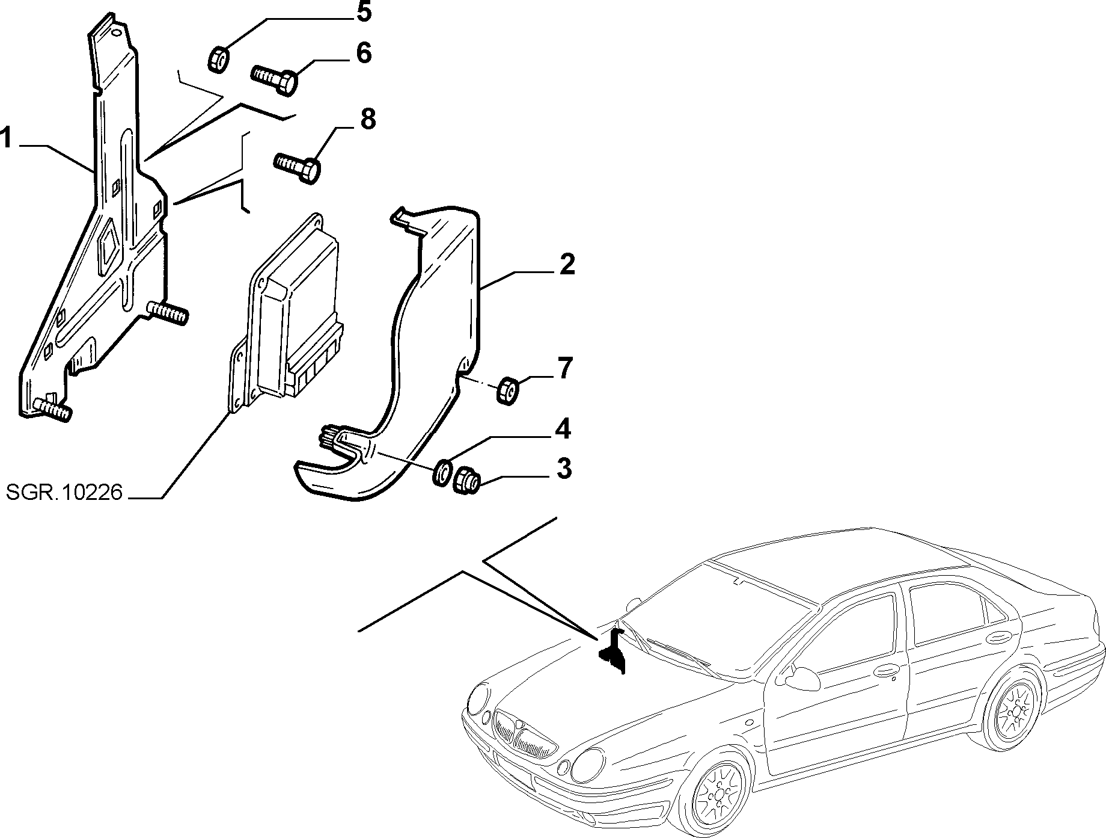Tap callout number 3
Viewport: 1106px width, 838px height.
pyautogui.click(x=563, y=469)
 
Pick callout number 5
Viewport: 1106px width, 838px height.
pyautogui.click(x=364, y=13)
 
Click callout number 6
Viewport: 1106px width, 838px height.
pyautogui.click(x=364, y=53)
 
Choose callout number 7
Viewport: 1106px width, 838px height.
pyautogui.click(x=566, y=368)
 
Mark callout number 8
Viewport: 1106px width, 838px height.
pyautogui.click(x=368, y=119)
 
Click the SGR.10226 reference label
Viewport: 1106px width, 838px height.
pyautogui.click(x=64, y=493)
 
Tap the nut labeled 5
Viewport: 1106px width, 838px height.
pyautogui.click(x=218, y=59)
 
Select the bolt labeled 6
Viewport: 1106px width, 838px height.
pyautogui.click(x=274, y=79)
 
